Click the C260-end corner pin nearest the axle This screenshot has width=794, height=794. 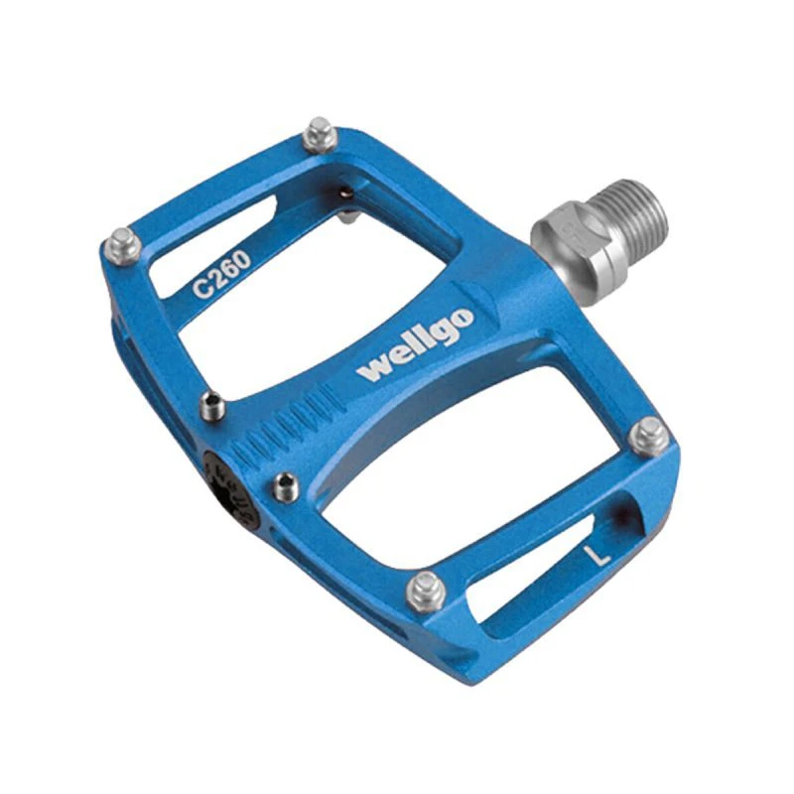coord(320,135)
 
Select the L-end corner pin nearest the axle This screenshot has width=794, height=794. coord(649,437)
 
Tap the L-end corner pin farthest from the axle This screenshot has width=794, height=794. coord(427,591)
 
